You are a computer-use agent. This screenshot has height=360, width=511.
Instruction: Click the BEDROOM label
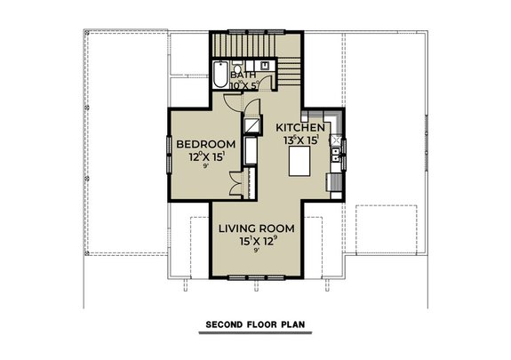205,144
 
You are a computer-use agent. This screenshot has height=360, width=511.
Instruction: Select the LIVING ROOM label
257,228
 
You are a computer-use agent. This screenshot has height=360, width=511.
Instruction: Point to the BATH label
243,76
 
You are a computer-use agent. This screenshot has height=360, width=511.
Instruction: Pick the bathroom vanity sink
266,66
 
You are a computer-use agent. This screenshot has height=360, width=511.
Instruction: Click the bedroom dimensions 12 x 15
205,157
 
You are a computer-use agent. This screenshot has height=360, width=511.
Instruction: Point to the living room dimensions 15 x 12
257,241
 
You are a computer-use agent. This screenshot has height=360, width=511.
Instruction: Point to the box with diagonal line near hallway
254,125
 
